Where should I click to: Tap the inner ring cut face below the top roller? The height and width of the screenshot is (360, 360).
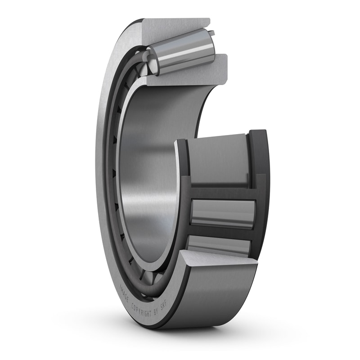[x=189, y=76]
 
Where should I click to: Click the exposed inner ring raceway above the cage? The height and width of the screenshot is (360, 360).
[x=218, y=160]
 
